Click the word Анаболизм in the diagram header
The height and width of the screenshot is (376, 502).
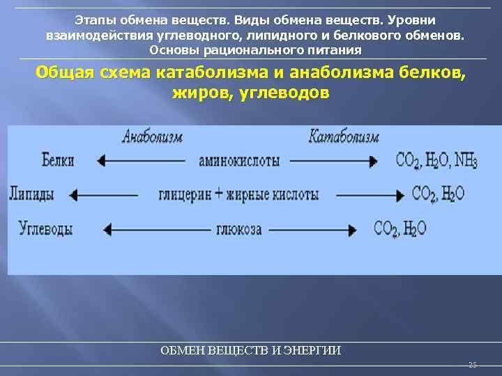[x=152, y=136]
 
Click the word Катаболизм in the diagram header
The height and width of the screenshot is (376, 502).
[x=344, y=136]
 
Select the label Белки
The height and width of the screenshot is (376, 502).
[x=58, y=161]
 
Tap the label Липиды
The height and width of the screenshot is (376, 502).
[x=32, y=194]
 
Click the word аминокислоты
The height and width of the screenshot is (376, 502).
[x=239, y=161]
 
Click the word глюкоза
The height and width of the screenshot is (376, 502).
[x=239, y=228]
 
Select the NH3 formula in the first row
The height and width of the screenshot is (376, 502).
[x=465, y=162]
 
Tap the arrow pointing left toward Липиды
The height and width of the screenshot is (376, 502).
[x=105, y=194]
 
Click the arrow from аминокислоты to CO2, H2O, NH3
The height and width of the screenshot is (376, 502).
[x=333, y=161]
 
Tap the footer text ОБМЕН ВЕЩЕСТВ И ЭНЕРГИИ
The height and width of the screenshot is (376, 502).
[x=251, y=350]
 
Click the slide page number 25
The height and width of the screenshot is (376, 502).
[x=472, y=365]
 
